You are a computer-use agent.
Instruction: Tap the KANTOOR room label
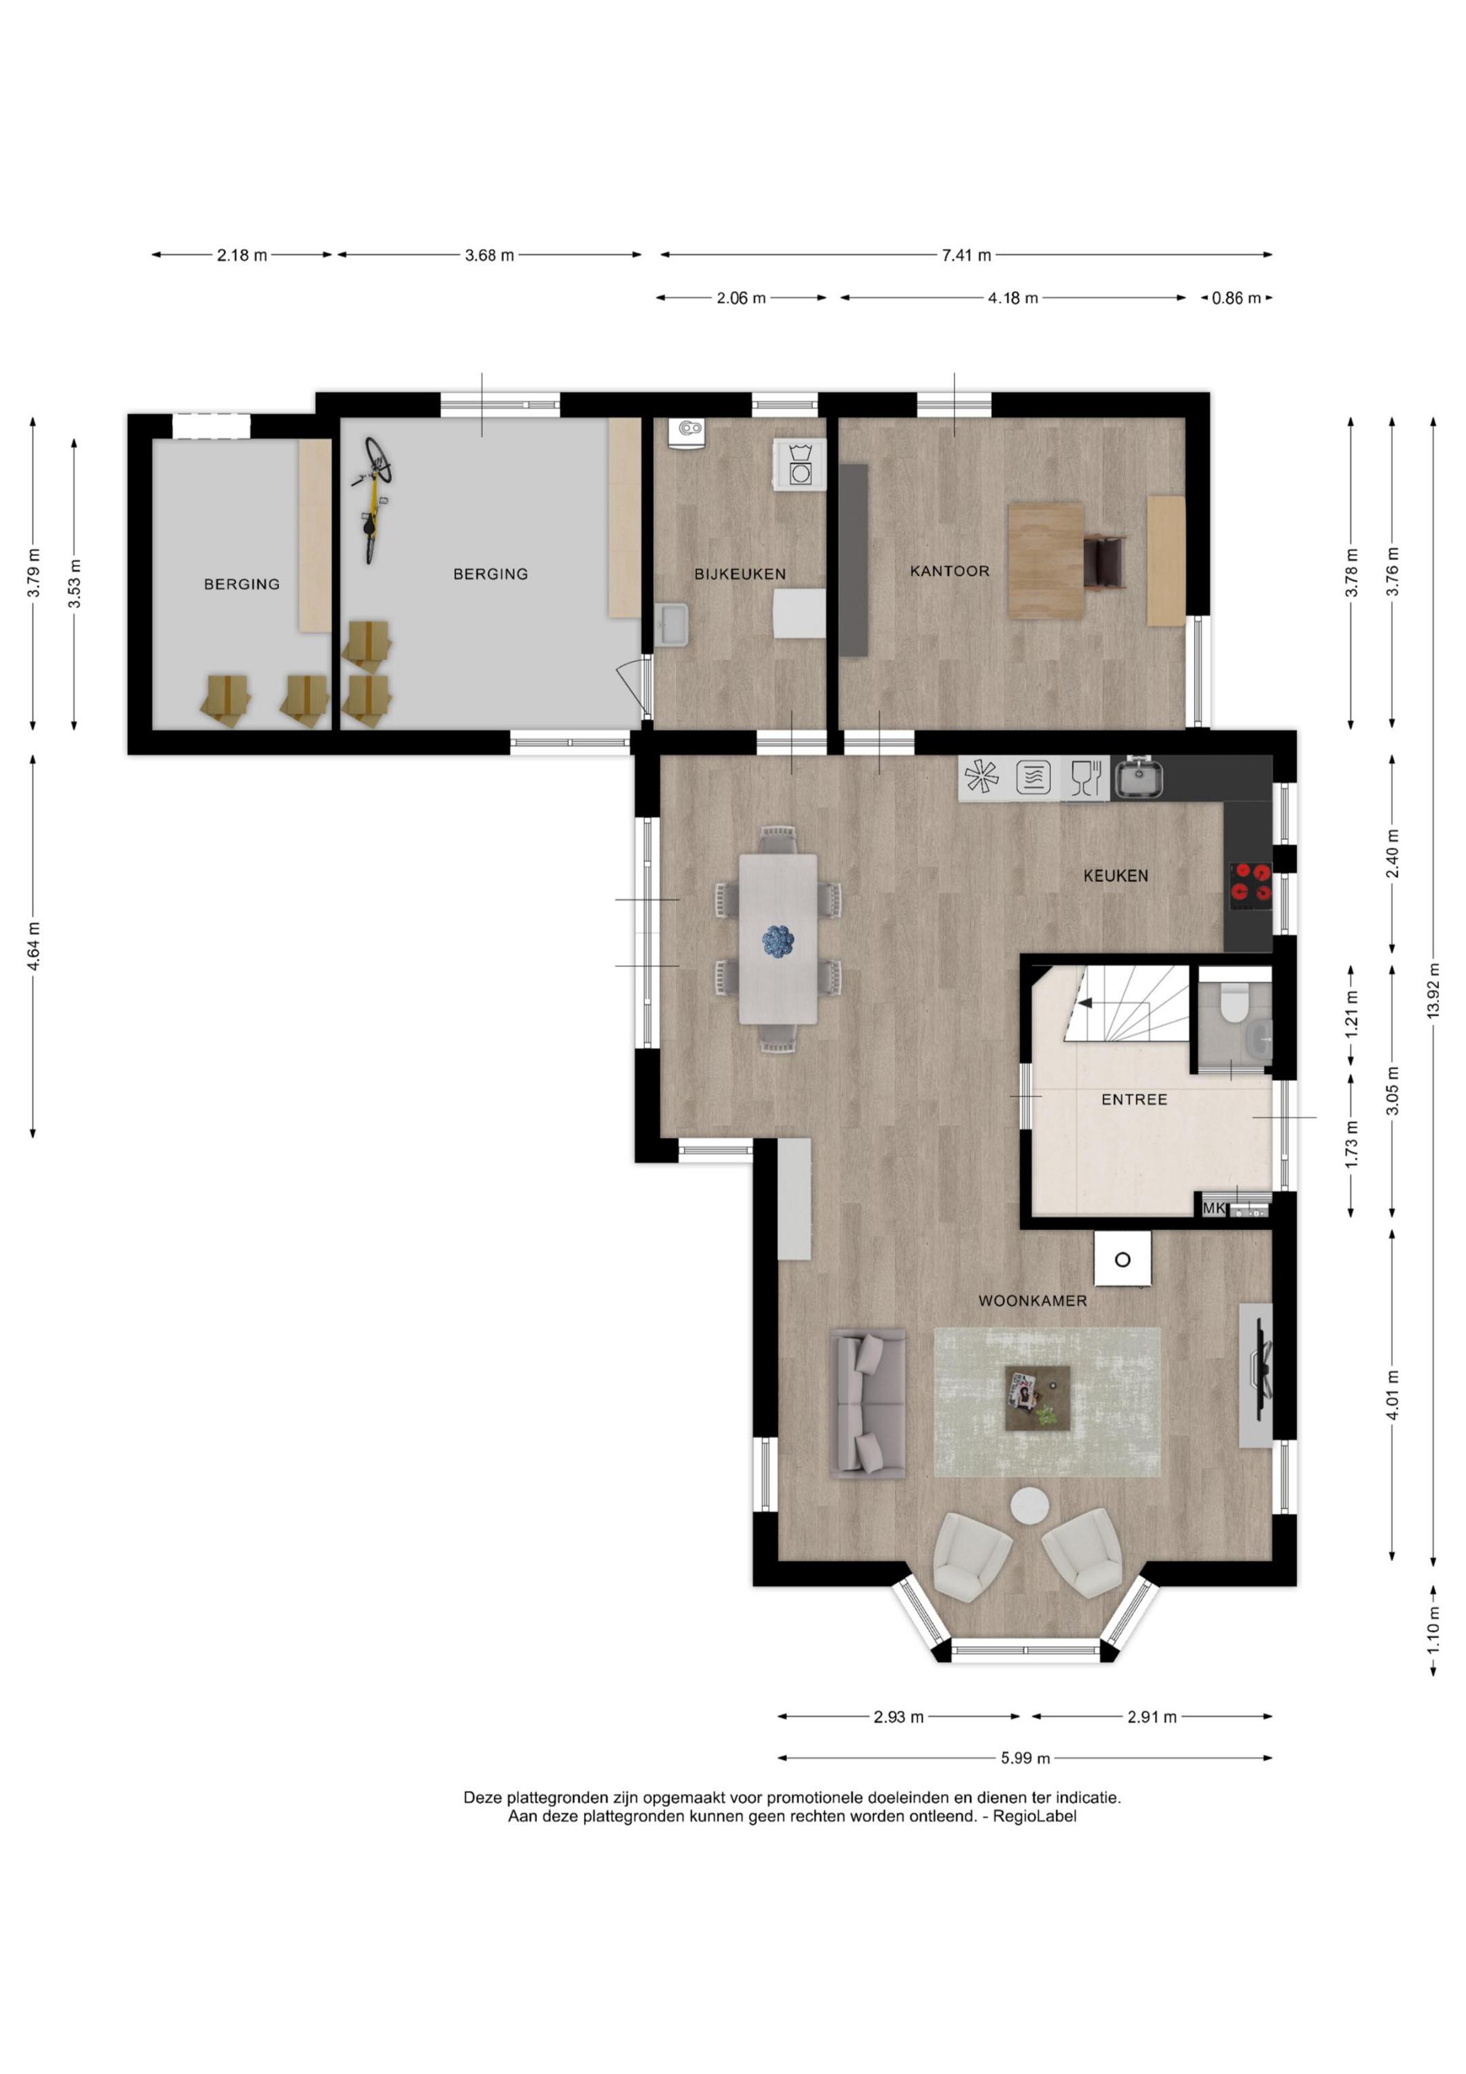(x=949, y=571)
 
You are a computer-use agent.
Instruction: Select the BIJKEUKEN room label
(x=740, y=574)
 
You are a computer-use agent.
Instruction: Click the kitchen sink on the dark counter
(x=1137, y=778)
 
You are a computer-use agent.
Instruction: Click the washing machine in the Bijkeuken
(x=800, y=465)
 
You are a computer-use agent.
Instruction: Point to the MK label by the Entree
(x=1214, y=1208)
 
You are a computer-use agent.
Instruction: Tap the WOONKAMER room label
(x=1033, y=1301)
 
